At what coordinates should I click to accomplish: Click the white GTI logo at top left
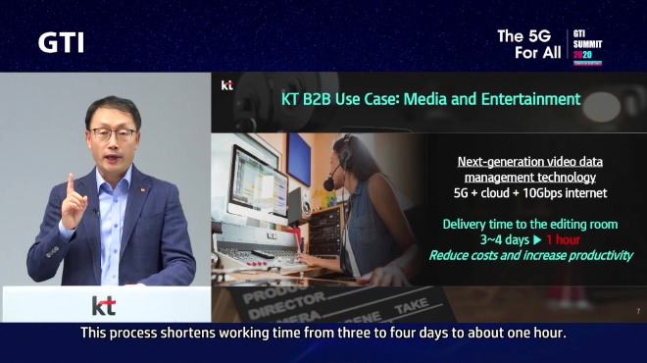[x=61, y=42]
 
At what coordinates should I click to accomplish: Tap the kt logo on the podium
[x=103, y=304]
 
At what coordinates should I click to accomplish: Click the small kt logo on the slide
[x=226, y=85]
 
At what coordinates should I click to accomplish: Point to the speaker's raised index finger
[x=70, y=183]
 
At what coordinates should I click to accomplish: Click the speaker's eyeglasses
[x=113, y=132]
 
